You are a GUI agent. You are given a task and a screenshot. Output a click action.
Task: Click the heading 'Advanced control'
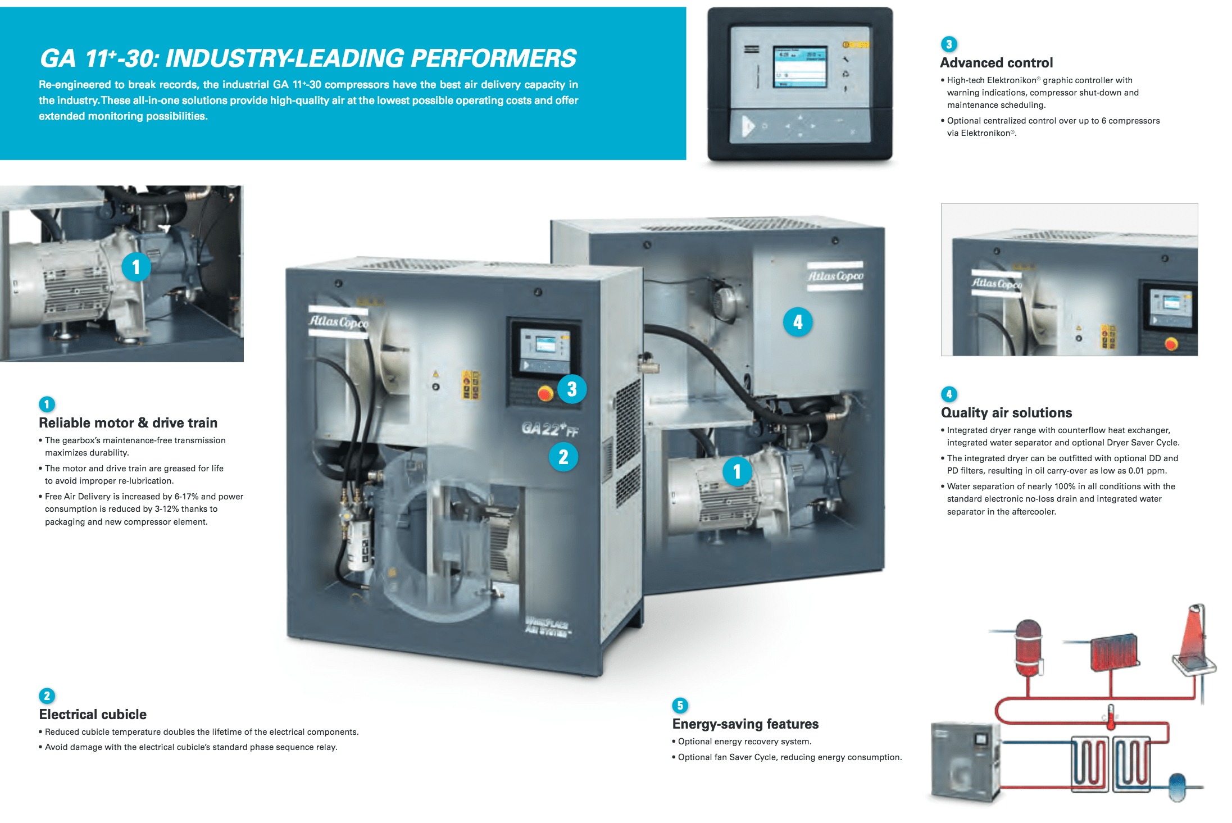pos(996,63)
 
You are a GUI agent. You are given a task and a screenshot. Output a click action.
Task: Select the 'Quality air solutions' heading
pos(1006,413)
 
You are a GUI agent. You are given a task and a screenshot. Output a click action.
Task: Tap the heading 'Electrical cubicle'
pos(93,715)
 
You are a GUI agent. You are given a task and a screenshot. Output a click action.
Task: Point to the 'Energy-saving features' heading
pos(745,724)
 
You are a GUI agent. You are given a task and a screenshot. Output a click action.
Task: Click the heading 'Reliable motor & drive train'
pos(128,423)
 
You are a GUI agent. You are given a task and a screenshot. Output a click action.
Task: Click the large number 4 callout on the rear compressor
pos(798,322)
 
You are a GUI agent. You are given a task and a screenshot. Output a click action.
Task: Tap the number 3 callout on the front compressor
pos(572,389)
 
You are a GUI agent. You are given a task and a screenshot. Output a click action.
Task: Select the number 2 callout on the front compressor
pos(563,457)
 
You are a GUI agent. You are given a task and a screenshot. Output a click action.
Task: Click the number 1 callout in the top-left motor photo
pos(136,267)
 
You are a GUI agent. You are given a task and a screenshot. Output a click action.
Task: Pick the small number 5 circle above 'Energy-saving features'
pos(680,706)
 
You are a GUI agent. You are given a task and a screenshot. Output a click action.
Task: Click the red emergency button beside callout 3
pos(544,393)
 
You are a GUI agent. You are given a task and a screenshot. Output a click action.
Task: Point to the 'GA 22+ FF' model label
pos(549,429)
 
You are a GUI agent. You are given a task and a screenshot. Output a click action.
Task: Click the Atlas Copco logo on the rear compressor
pos(835,276)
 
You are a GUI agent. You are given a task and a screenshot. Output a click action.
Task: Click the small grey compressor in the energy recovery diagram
pos(964,761)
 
